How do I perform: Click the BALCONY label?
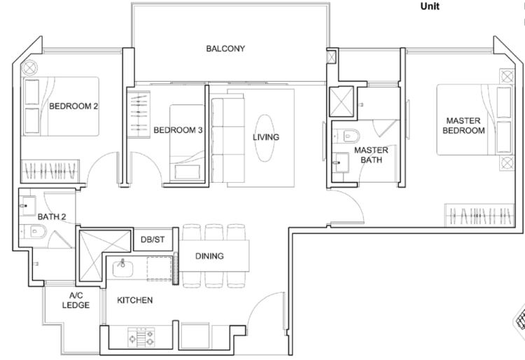[x=225, y=49]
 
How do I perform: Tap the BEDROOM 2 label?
[x=73, y=106]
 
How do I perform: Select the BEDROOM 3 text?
[x=178, y=130]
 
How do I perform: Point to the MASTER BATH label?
[x=371, y=155]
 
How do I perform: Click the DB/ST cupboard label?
[x=153, y=240]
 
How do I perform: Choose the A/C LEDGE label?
[x=76, y=300]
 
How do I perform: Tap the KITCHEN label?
[x=135, y=300]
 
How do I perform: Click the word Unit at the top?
[x=430, y=6]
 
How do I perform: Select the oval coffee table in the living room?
[x=265, y=138]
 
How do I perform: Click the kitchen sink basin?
[x=122, y=268]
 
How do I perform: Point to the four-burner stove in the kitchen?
[x=141, y=337]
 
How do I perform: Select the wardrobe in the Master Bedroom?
[x=479, y=215]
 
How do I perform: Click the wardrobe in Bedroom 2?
[x=50, y=171]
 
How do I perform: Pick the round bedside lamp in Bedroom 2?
[x=29, y=68]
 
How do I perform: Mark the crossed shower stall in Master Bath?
[x=342, y=102]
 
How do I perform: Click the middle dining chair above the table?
[x=214, y=232]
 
